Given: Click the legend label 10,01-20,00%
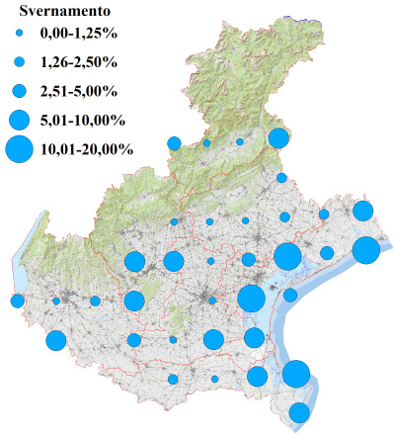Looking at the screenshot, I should click(x=87, y=150).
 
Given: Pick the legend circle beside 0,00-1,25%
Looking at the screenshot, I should click(x=19, y=36).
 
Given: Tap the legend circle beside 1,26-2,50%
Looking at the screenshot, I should click(x=19, y=63).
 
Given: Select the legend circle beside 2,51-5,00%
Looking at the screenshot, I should click(x=19, y=92).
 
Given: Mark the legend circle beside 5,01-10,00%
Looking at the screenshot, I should click(x=19, y=121).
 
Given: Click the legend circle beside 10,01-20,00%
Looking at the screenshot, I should click(x=19, y=150).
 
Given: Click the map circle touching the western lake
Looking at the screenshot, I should click(x=17, y=301).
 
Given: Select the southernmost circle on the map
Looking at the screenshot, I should click(x=299, y=412).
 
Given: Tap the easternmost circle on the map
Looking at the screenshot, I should click(x=366, y=251).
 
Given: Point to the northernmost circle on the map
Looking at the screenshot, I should click(x=277, y=137).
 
